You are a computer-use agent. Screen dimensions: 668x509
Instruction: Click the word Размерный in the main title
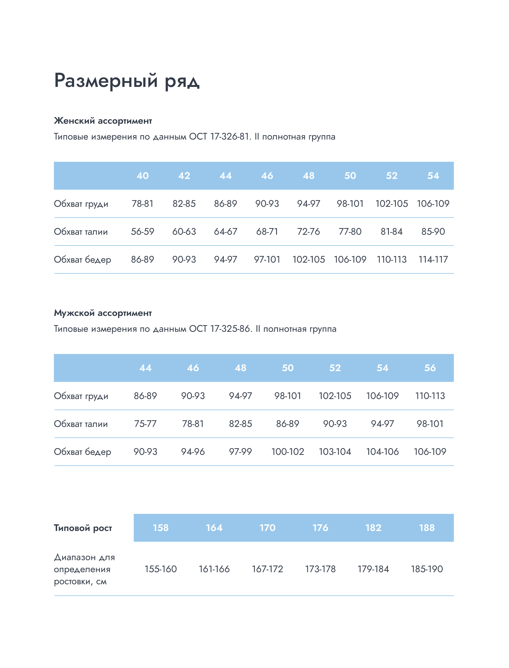tap(106, 81)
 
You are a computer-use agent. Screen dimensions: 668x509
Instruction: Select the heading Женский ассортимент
tap(103, 121)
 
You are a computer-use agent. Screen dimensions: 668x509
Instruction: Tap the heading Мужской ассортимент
tap(103, 313)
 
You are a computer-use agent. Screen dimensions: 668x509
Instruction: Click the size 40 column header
tap(143, 176)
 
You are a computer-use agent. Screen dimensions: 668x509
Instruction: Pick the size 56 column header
tap(430, 368)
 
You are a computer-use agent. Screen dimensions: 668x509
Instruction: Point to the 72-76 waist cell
tap(308, 232)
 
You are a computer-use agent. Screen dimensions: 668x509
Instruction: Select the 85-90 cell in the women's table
tap(433, 232)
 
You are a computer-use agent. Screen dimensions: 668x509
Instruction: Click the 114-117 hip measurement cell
tap(433, 259)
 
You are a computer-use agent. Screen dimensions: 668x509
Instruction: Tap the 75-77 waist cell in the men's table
tap(145, 424)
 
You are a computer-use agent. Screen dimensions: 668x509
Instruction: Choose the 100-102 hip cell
tap(288, 452)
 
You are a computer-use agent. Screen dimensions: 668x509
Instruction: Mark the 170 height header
tap(267, 528)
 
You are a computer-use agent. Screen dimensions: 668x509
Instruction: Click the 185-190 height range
tap(427, 569)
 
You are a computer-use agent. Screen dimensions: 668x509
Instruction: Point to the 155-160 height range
tap(161, 569)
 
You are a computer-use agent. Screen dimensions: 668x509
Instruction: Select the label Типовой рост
tap(83, 528)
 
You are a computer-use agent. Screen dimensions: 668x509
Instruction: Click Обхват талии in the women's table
tap(81, 232)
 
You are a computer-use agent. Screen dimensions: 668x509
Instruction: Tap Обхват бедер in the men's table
tap(82, 452)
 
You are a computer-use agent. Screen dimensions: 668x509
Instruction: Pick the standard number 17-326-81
tap(229, 137)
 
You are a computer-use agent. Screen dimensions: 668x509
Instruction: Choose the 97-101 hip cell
tap(267, 259)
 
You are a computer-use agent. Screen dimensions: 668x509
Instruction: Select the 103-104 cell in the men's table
tap(335, 452)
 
